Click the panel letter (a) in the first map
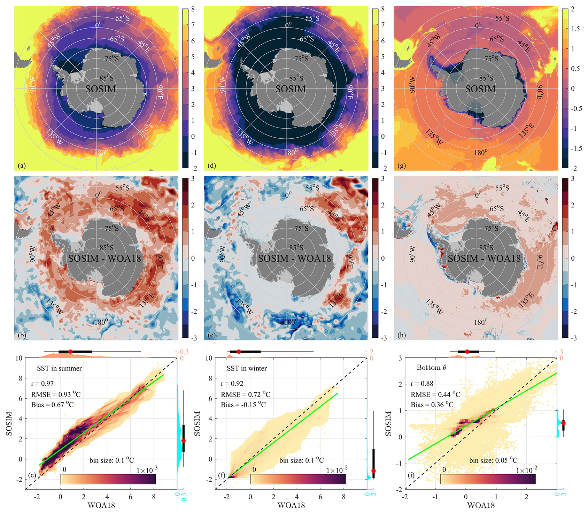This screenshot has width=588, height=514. click(x=23, y=166)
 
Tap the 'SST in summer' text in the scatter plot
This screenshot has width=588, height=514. click(x=60, y=368)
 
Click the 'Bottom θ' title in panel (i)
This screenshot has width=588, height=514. click(x=432, y=368)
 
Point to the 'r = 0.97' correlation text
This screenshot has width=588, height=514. click(x=42, y=384)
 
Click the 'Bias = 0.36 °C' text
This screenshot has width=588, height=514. click(x=432, y=405)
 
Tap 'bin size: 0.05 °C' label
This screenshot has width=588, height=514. click(x=493, y=460)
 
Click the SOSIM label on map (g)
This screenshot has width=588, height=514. click(x=481, y=89)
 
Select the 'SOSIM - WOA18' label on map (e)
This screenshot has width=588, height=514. click(x=294, y=259)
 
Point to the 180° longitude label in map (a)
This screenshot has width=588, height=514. click(x=101, y=152)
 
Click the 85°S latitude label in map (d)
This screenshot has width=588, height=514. click(x=296, y=78)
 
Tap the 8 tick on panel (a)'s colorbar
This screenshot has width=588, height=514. click(x=193, y=9)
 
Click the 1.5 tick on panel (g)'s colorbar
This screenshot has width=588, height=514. click(x=575, y=29)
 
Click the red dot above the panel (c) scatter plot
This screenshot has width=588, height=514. click(x=70, y=352)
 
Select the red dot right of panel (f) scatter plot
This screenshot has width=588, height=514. click(x=374, y=471)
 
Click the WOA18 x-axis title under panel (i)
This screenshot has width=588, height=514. click(x=481, y=505)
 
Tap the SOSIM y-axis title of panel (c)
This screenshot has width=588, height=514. click(x=9, y=423)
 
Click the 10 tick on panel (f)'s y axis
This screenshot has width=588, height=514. click(x=209, y=358)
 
